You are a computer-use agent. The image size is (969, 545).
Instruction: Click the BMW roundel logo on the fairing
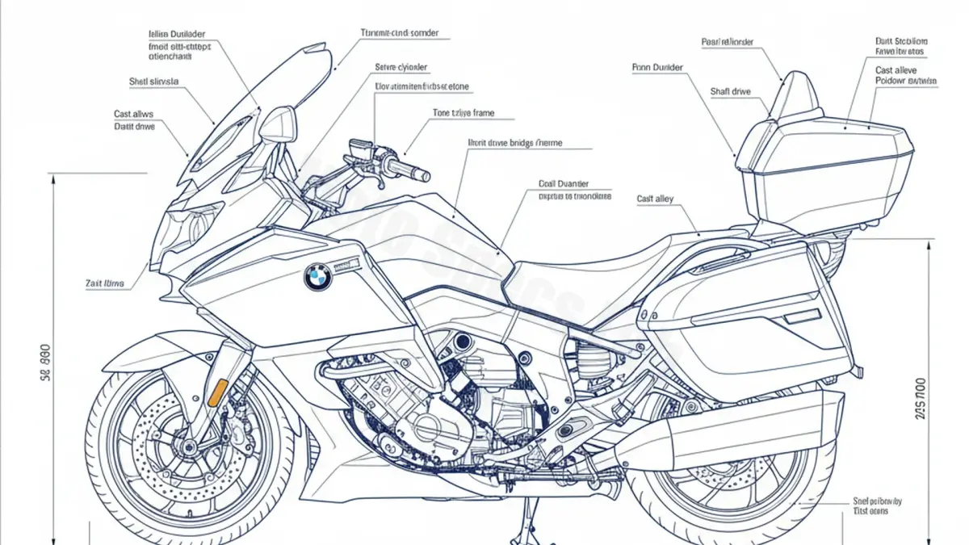pos(317,279)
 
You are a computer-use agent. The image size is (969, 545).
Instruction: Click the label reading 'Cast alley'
pos(655,199)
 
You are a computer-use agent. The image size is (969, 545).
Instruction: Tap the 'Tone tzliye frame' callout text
pos(464,113)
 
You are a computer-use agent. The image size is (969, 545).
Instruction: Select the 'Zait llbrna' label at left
pos(105,283)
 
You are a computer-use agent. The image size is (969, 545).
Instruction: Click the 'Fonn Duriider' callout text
pos(657,68)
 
